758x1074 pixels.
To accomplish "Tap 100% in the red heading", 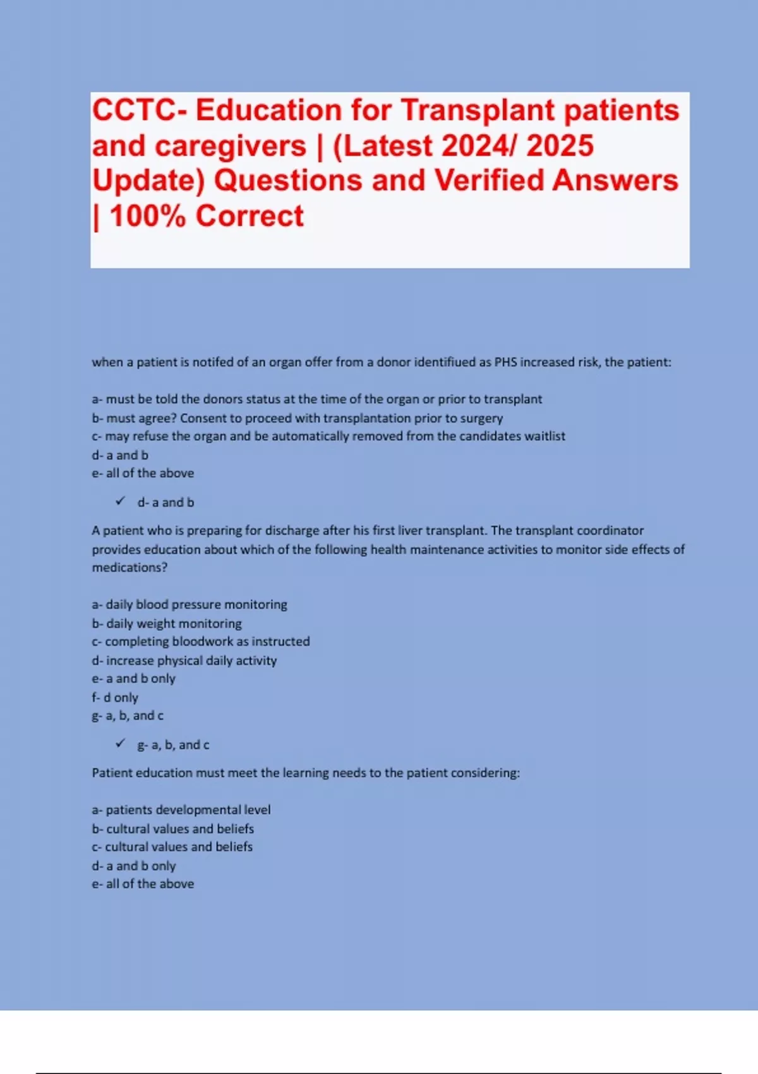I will [x=148, y=216].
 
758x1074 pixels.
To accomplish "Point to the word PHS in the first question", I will [x=505, y=363].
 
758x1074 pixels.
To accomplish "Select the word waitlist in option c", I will [x=544, y=437].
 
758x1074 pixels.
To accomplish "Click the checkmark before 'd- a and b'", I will [x=120, y=502].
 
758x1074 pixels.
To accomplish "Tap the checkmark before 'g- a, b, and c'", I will [x=120, y=744].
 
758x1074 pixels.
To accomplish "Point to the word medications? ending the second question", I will [x=129, y=568].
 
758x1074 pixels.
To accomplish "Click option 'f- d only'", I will [x=115, y=697].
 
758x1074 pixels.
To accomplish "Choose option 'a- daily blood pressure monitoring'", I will [x=189, y=605].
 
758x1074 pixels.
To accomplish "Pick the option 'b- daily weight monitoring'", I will [x=167, y=624].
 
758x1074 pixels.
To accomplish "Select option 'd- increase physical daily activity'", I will [x=184, y=661].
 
